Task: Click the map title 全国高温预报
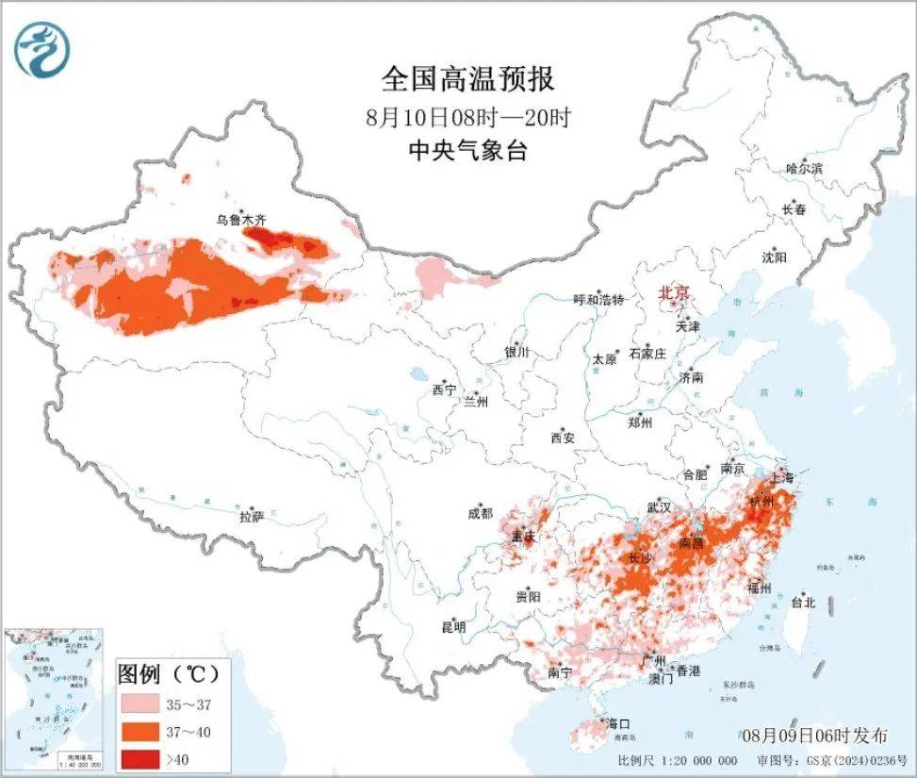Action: coord(468,78)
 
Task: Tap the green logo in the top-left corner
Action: coord(42,50)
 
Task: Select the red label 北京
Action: coord(673,292)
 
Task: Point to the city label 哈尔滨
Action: coord(804,169)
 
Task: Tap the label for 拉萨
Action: coord(252,516)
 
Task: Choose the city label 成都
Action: coord(480,513)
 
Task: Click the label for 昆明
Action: coord(453,626)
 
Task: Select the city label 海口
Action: coord(618,723)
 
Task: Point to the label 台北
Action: coord(802,602)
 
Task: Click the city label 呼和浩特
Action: coord(599,300)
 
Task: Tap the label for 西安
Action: coord(563,438)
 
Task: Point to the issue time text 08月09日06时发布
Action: coord(819,734)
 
